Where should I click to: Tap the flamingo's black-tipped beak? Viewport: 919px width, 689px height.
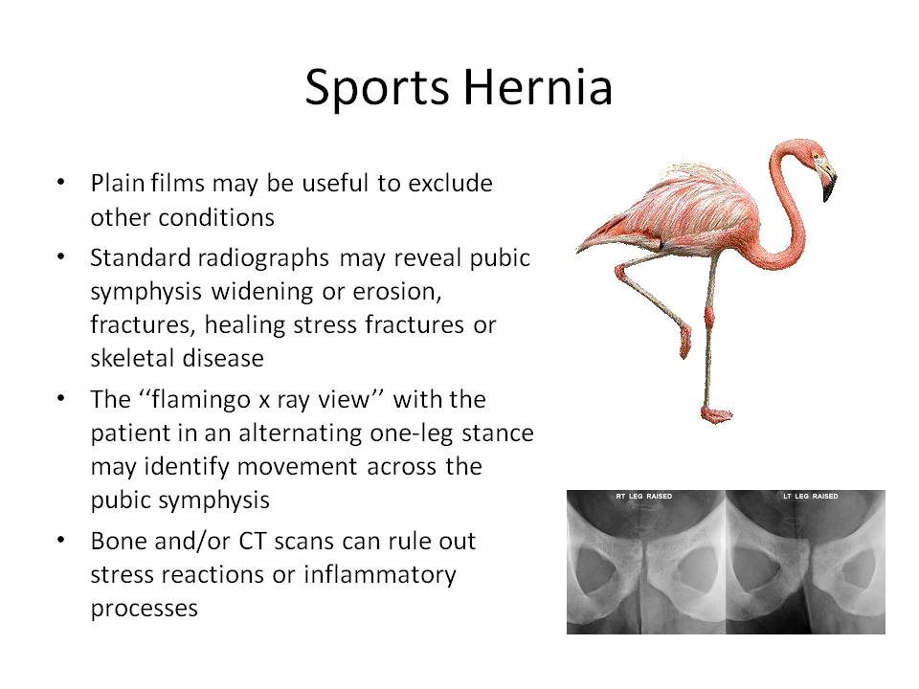coord(827,187)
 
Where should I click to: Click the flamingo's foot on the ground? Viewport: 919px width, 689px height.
coord(718,414)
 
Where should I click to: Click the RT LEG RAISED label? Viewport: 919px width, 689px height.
coord(644,497)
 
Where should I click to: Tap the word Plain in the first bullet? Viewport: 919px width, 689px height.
coord(114,182)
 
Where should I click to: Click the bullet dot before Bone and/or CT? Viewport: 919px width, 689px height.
coord(62,541)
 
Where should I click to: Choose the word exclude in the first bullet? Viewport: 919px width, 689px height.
coord(450,182)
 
